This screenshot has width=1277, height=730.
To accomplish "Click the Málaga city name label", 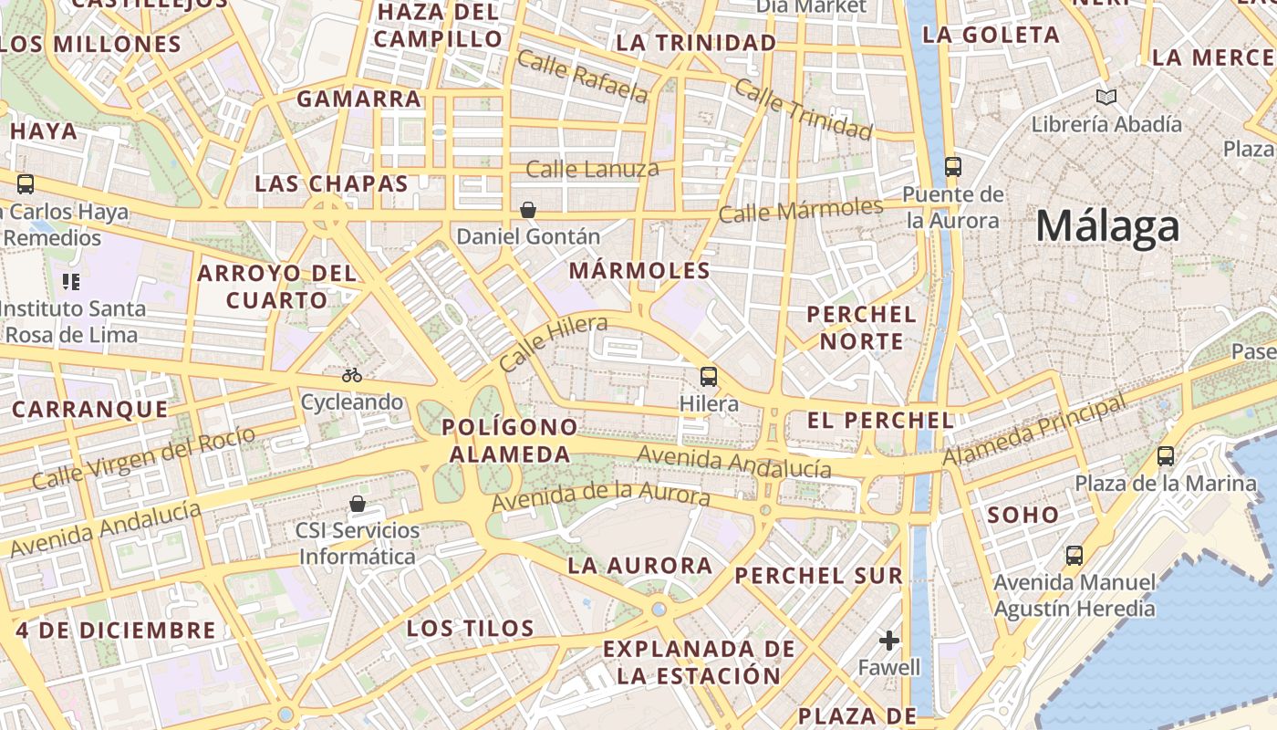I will pos(1107,225).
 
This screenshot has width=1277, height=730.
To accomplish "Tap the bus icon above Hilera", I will pos(709,376).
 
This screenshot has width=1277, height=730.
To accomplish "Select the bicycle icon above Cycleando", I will pos(352,375).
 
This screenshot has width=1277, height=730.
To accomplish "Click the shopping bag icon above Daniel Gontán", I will pos(527,210).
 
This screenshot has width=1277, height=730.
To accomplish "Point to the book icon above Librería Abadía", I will pos(1106,97).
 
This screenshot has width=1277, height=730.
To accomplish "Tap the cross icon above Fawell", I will pos(889,641).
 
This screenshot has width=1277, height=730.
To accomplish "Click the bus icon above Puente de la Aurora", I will pos(953,166).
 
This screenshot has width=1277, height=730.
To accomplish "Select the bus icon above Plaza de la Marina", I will pos(1166,456).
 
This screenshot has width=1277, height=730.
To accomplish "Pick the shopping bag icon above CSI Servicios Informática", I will pos(358,504).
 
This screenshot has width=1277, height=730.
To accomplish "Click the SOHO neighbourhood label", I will pos(1023,515).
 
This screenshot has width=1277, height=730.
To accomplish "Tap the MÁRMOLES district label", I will pos(639,270).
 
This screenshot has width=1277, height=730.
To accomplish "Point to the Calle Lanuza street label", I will pos(592,169).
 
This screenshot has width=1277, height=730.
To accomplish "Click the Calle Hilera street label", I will pos(553,343).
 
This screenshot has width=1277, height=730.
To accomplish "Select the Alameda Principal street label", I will pos(1034,431).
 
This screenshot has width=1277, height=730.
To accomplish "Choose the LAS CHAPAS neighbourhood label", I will pos(331,183).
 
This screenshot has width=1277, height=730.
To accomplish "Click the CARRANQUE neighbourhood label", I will pos(89,409).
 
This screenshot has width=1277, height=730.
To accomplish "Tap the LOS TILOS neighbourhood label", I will pos(470,628).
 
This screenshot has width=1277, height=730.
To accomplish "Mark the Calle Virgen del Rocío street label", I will pos(143,458).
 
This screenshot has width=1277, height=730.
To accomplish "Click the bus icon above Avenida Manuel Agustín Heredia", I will pos(1075,555).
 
